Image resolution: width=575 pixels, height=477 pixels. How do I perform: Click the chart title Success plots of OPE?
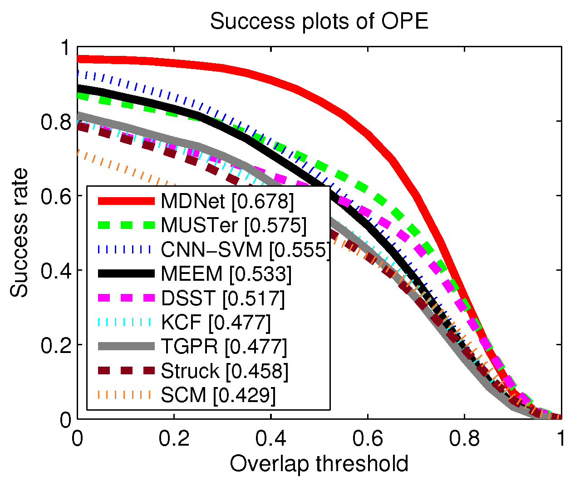click(319, 21)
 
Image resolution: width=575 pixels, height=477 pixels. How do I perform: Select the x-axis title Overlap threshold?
click(319, 463)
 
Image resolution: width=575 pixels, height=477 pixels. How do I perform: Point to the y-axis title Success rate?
click(19, 233)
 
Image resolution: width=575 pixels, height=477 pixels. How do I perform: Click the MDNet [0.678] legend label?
click(227, 201)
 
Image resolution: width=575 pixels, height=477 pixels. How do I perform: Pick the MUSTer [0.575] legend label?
click(234, 225)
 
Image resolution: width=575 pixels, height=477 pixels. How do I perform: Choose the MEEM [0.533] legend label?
click(226, 273)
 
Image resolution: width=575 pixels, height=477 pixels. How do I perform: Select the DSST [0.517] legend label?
click(223, 298)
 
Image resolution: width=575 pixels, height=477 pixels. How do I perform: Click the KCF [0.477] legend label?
click(216, 322)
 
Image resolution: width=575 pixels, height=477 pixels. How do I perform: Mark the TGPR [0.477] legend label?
click(224, 347)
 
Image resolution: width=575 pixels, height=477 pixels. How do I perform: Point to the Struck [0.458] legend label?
click(225, 371)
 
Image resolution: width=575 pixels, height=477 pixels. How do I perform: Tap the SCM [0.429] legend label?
click(218, 395)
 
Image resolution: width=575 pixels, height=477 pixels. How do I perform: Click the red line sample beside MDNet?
click(126, 201)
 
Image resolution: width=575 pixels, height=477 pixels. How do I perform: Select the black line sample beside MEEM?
click(126, 273)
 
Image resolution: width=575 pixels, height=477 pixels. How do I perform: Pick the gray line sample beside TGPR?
click(126, 347)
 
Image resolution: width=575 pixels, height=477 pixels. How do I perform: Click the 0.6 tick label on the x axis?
click(368, 439)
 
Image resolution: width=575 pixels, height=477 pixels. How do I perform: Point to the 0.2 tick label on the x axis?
click(174, 439)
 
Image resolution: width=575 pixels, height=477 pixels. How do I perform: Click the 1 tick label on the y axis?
click(65, 47)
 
